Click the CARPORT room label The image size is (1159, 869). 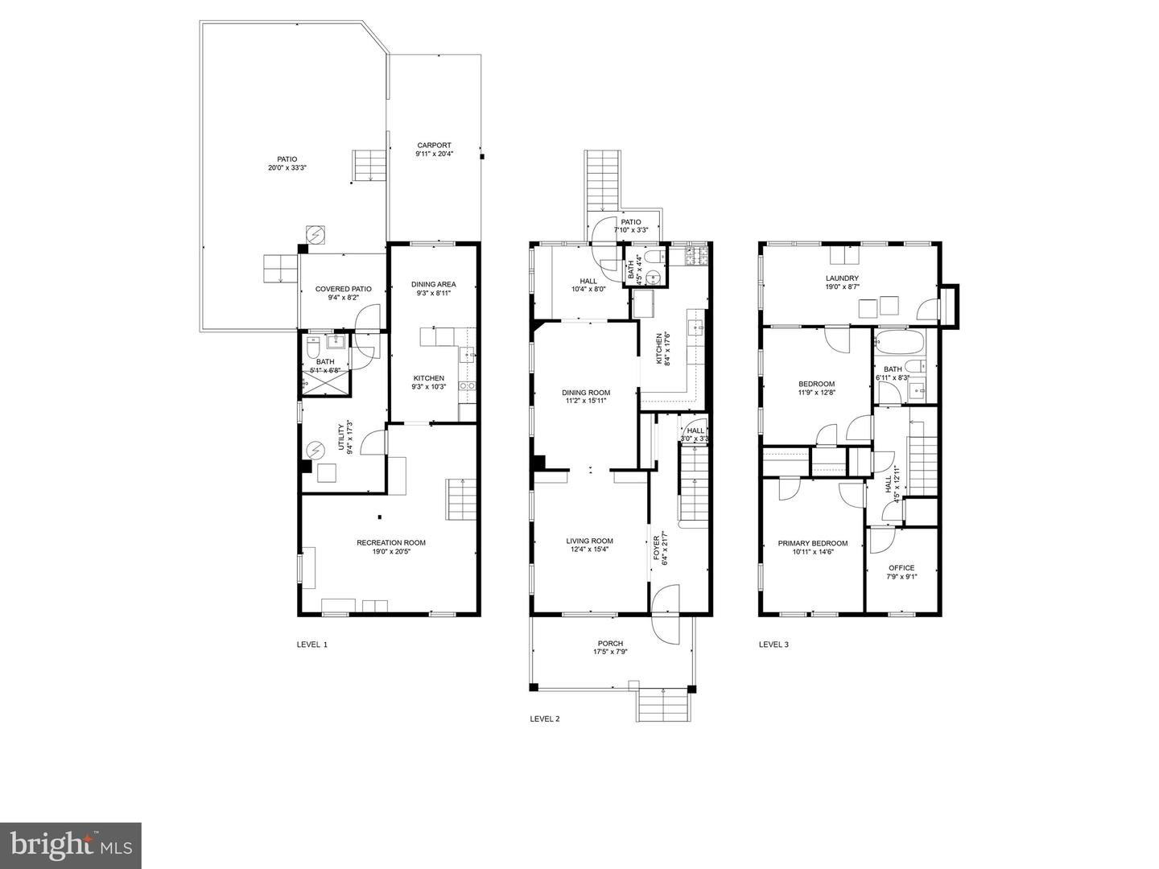[x=434, y=146]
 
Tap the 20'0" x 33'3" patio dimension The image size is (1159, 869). [x=287, y=168]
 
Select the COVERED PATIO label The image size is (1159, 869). [x=343, y=289]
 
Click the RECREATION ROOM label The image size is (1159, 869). [x=391, y=542]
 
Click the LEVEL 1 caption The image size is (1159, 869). [x=312, y=645]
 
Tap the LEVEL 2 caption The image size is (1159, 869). [x=545, y=719]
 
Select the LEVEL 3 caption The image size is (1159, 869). [x=773, y=645]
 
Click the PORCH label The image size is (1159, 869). [x=610, y=643]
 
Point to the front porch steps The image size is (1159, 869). [x=665, y=706]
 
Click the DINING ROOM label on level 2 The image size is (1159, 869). [x=586, y=393]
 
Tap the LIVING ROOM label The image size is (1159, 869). [x=590, y=541]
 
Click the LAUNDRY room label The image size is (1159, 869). [x=842, y=278]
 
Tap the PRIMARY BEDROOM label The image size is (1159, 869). [x=812, y=543]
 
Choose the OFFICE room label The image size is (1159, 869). [x=901, y=567]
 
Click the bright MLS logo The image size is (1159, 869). [x=70, y=844]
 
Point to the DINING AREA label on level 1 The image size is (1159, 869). [x=434, y=284]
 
